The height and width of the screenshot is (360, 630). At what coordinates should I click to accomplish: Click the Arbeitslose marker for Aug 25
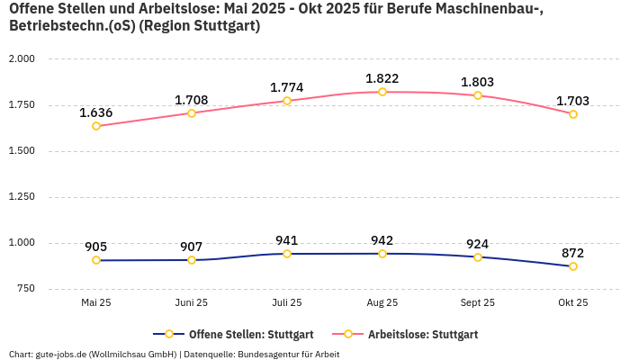click(382, 92)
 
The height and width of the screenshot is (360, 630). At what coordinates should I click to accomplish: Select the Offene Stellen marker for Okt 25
click(573, 266)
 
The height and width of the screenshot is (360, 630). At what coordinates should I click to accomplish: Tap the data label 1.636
click(96, 112)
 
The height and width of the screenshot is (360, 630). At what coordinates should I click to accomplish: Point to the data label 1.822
click(382, 78)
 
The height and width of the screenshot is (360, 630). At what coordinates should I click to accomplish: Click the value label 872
click(573, 253)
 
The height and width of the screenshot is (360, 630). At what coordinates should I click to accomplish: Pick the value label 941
click(287, 240)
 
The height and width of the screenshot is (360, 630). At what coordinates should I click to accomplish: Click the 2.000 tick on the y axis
click(21, 58)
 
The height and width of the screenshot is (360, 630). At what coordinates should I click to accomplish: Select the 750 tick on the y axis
click(25, 289)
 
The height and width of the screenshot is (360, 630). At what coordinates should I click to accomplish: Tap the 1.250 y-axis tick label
click(21, 197)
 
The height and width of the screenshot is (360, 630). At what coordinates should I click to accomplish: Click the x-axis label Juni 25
click(192, 303)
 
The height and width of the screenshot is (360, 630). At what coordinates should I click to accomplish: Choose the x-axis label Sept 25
click(478, 303)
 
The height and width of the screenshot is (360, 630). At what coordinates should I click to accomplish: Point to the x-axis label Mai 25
click(96, 303)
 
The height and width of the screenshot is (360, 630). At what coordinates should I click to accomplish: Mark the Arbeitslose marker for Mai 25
click(96, 126)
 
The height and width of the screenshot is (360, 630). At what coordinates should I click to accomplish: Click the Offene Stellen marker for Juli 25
click(287, 254)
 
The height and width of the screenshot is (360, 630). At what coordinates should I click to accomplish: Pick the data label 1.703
click(573, 101)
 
